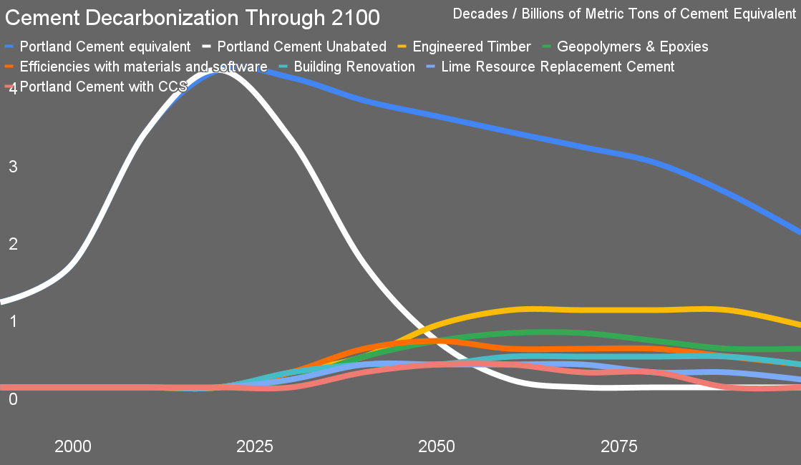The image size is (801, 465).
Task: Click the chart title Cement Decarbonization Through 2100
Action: point(193,16)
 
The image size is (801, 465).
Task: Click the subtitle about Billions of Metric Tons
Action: point(624,14)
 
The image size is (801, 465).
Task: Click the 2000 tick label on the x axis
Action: point(73,446)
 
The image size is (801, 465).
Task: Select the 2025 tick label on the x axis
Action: point(255,446)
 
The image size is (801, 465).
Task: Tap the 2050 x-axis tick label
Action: point(437,446)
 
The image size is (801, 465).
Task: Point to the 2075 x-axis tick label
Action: point(618,446)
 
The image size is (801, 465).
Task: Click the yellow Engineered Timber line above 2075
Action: point(618,310)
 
